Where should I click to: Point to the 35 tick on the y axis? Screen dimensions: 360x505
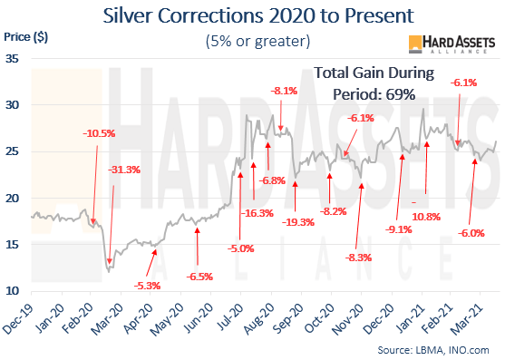coord(14,58)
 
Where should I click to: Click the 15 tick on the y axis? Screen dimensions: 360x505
coord(14,244)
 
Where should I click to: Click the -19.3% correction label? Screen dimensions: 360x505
coord(297,222)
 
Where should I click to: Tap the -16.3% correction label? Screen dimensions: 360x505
coord(257,213)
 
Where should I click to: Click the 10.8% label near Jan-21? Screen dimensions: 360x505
coord(426,217)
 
